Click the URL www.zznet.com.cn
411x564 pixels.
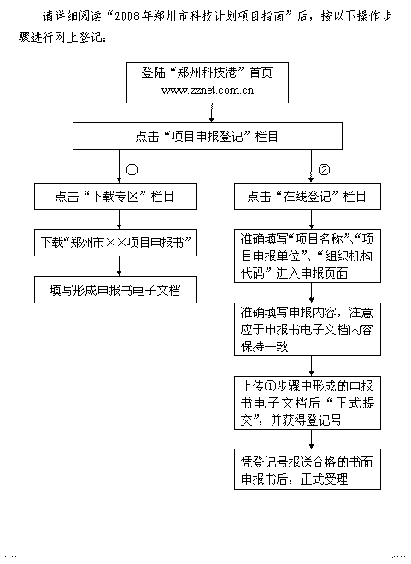pyautogui.click(x=208, y=90)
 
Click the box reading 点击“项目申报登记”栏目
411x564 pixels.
pyautogui.click(x=208, y=136)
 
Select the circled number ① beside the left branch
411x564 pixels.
pyautogui.click(x=132, y=170)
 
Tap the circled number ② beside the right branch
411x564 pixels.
pyautogui.click(x=324, y=170)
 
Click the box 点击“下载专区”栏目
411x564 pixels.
pyautogui.click(x=115, y=197)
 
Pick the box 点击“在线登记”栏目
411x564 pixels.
pyautogui.click(x=308, y=197)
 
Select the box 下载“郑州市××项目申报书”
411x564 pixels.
pyautogui.click(x=115, y=243)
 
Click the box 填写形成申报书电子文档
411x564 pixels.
pyautogui.click(x=115, y=290)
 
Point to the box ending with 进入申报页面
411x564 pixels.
pyautogui.click(x=308, y=256)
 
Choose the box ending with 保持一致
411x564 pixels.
pyautogui.click(x=308, y=330)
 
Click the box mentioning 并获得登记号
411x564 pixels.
pyautogui.click(x=308, y=402)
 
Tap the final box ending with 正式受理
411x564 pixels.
pyautogui.click(x=308, y=469)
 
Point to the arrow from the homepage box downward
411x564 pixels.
pyautogui.click(x=212, y=113)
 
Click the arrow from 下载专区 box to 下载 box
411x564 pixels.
pyautogui.click(x=120, y=220)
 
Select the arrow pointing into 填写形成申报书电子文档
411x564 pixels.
pyautogui.click(x=120, y=266)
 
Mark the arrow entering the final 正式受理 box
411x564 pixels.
pyautogui.click(x=311, y=439)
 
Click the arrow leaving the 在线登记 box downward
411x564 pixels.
pyautogui.click(x=311, y=220)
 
